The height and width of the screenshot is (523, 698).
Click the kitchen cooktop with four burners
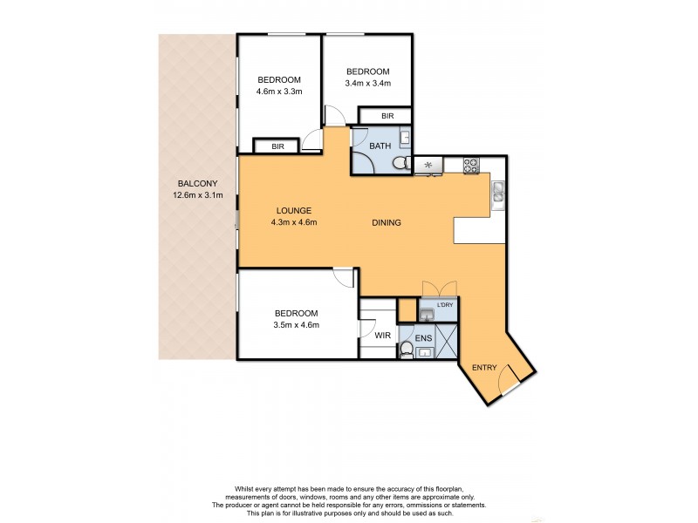(x=470, y=163)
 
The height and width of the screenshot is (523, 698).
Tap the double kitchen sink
(x=497, y=191)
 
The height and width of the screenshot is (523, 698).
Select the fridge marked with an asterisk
(x=428, y=164)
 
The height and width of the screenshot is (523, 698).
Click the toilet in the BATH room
(x=400, y=163)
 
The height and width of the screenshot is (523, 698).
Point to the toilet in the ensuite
(x=406, y=350)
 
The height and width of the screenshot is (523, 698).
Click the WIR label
(x=382, y=334)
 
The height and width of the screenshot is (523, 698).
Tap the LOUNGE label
(x=294, y=210)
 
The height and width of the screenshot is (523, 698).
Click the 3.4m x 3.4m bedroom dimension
(x=367, y=84)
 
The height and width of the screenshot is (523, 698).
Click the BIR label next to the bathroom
(x=387, y=116)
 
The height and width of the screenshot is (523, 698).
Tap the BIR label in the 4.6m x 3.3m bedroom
(x=277, y=146)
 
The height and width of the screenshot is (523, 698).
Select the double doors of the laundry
(x=438, y=289)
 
